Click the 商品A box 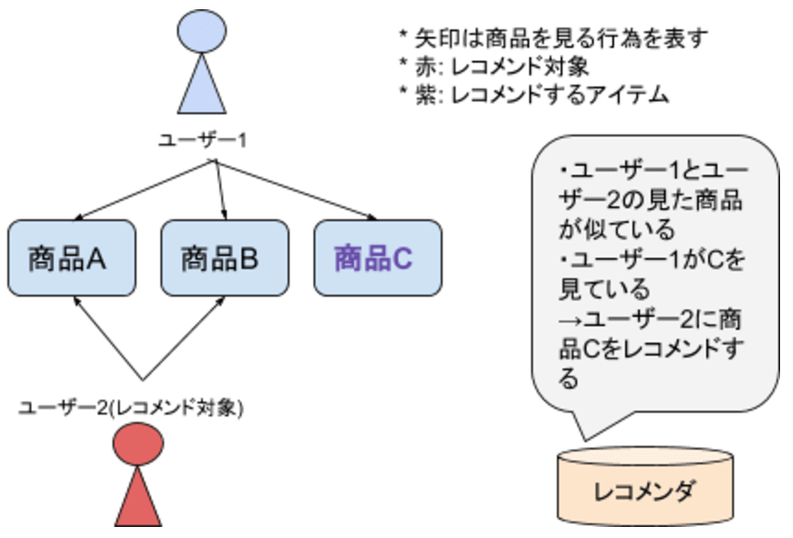68,258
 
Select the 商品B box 220,258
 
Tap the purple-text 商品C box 373,258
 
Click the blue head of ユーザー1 202,32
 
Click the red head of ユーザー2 139,445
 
